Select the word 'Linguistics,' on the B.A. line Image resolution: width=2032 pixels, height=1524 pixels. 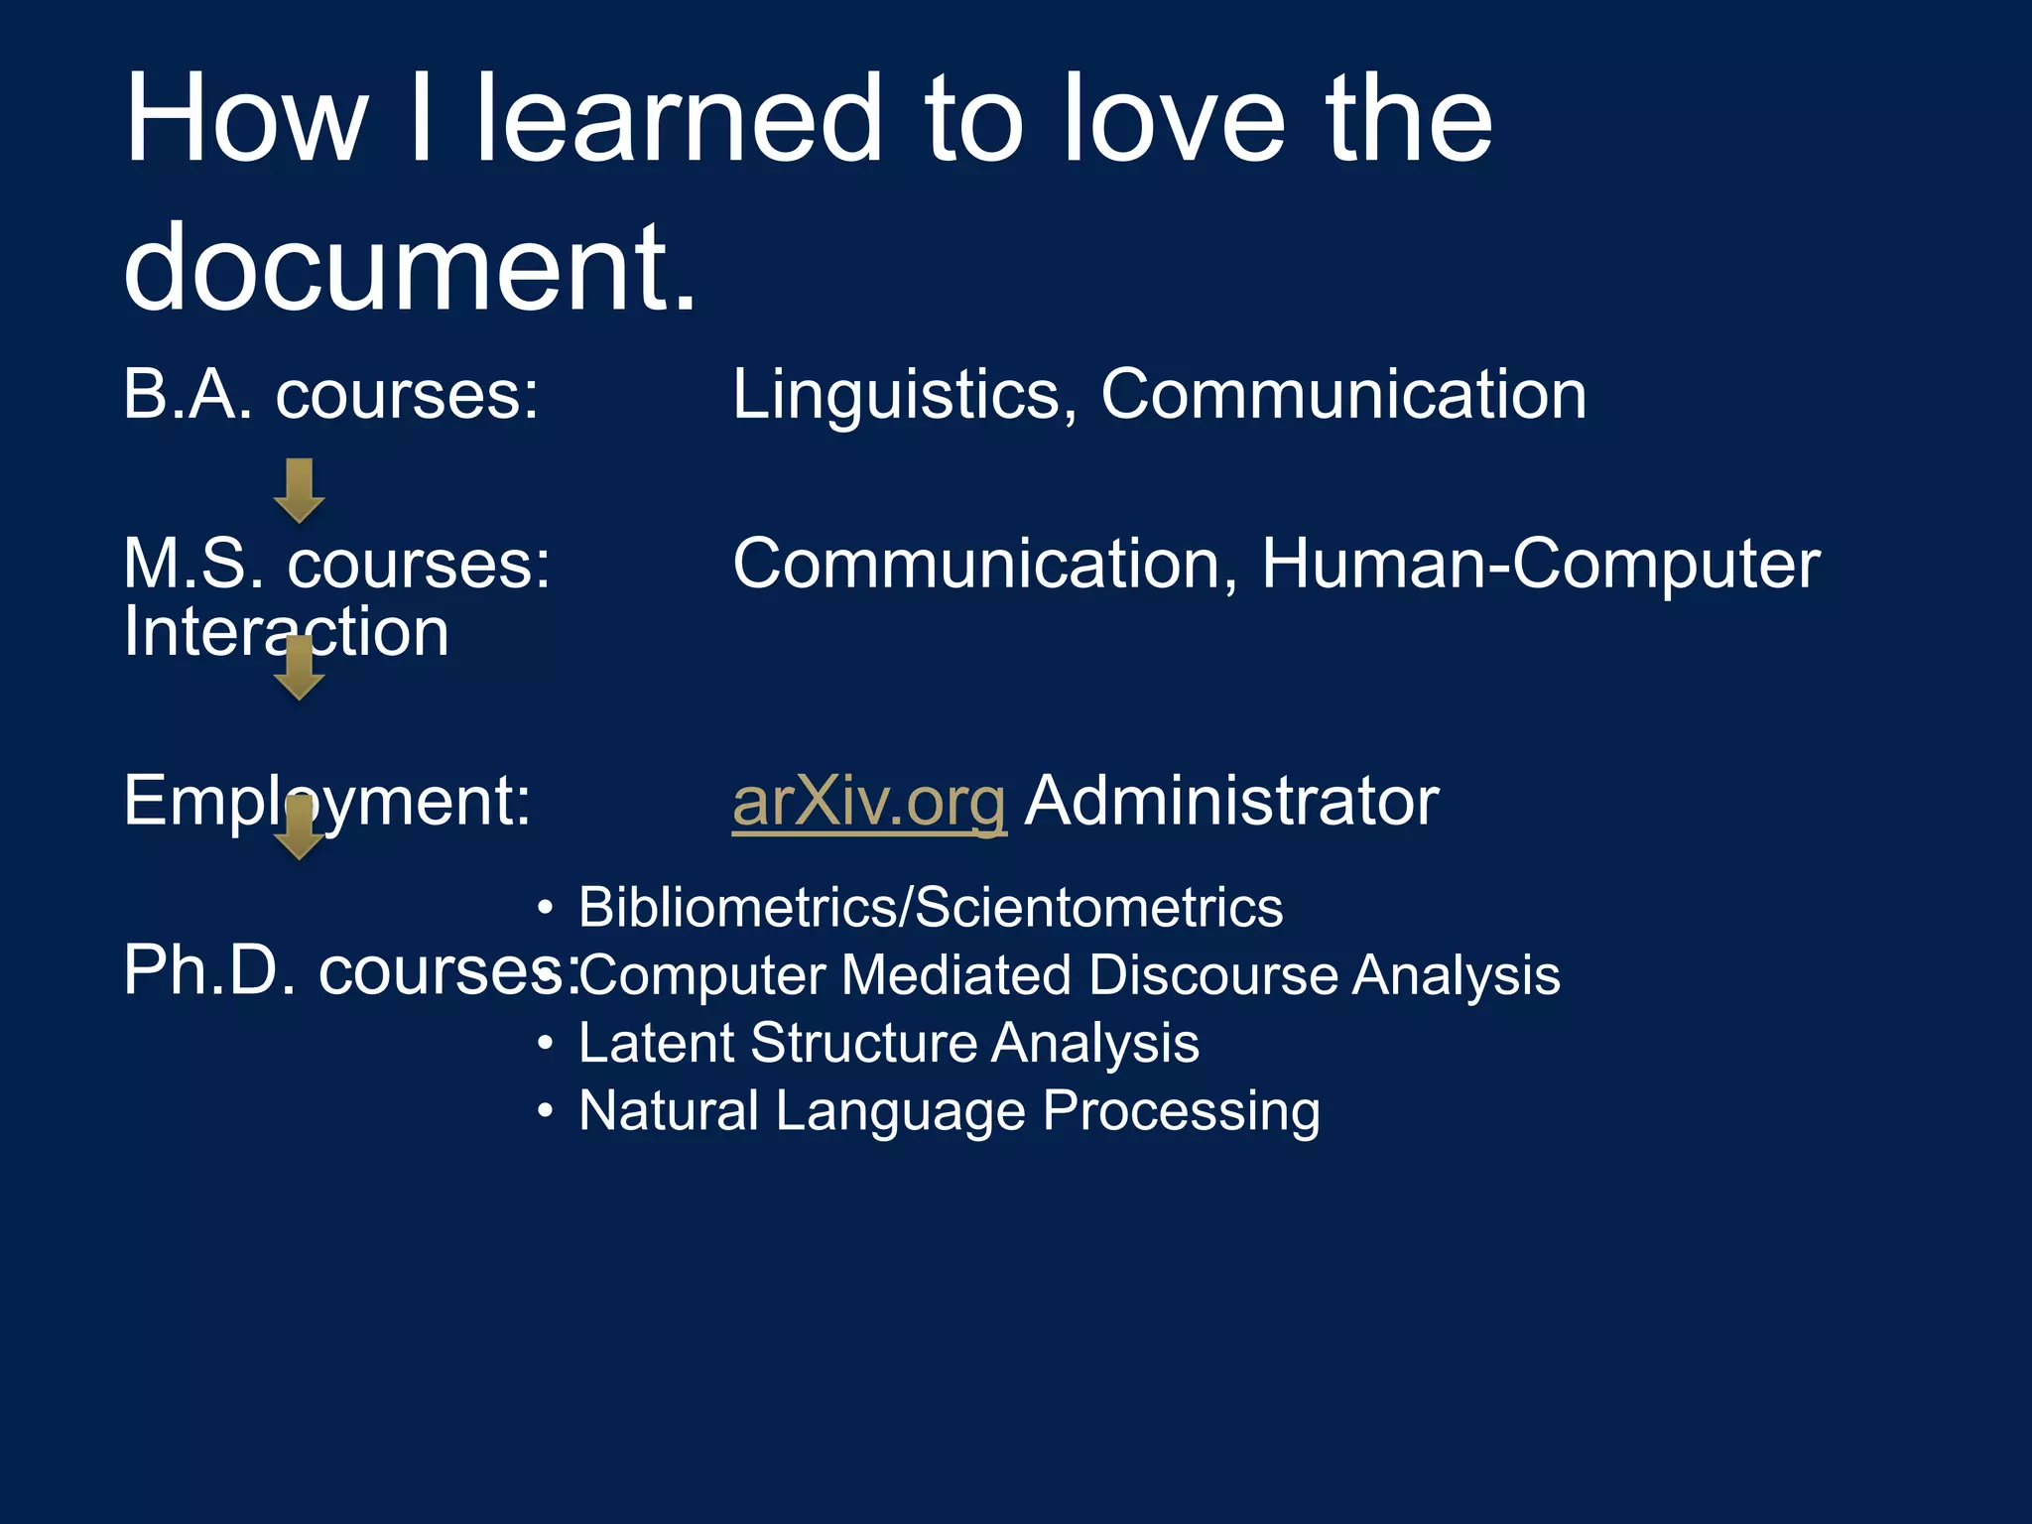905,395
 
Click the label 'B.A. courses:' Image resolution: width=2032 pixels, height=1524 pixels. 331,395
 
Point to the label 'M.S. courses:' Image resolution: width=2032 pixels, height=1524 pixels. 336,564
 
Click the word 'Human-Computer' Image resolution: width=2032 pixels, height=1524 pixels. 1541,564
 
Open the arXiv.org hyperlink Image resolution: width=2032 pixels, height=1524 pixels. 869,801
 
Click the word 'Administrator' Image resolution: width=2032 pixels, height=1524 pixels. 1231,801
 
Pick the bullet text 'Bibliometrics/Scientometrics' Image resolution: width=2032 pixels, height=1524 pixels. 930,907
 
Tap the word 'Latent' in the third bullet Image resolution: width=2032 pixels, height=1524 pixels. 657,1043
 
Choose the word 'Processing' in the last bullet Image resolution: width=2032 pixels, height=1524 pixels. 1181,1111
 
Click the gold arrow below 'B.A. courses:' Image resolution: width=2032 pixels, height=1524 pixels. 299,490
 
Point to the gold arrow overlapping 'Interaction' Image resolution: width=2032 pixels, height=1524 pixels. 299,668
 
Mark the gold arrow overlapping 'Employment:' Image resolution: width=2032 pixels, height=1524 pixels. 299,826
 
